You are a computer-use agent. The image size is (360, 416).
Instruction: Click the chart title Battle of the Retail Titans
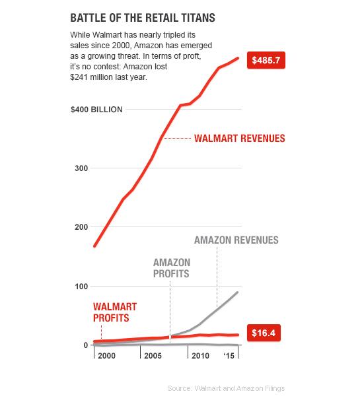coord(143,18)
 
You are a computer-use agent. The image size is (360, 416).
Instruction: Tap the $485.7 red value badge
coord(266,60)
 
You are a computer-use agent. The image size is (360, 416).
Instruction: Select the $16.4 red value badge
coord(264,333)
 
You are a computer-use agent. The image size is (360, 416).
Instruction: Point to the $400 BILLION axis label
coord(96,110)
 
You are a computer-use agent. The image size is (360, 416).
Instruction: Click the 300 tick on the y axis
coord(81,168)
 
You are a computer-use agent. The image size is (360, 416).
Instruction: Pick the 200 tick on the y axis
coord(81,227)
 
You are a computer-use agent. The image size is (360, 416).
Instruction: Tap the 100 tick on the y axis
coord(81,287)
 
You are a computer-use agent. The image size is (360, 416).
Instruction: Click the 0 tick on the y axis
coord(85,345)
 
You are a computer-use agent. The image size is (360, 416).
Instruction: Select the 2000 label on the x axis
coord(106,356)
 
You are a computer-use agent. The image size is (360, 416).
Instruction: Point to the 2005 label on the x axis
coord(153,356)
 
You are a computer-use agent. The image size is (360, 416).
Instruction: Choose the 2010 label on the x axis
coord(200,356)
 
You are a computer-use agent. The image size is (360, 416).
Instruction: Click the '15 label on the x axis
coord(229,356)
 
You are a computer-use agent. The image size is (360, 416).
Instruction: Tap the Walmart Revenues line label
coord(240,139)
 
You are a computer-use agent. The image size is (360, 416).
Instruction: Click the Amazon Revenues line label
coord(236,240)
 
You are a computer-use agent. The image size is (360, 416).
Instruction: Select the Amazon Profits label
coord(172,268)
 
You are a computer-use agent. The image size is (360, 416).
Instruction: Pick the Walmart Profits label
coord(115,312)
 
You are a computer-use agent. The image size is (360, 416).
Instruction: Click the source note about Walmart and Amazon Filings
coord(226,388)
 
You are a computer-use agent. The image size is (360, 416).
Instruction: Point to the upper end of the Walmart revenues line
coord(238,58)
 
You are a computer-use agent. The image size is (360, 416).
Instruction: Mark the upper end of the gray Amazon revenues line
coord(237,293)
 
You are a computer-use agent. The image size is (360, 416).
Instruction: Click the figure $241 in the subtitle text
coord(79,77)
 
